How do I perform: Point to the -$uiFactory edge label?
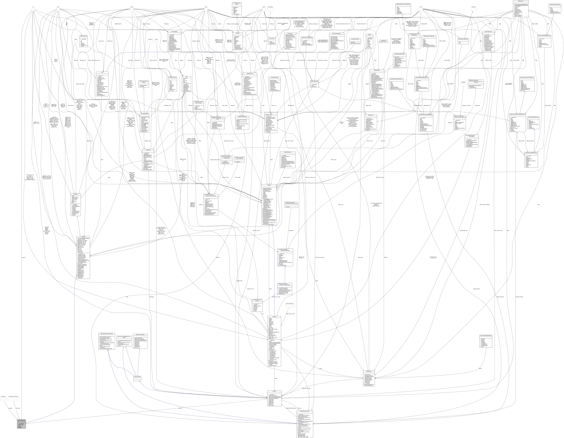(x=18, y=416)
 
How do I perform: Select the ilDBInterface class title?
(x=520, y=1)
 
